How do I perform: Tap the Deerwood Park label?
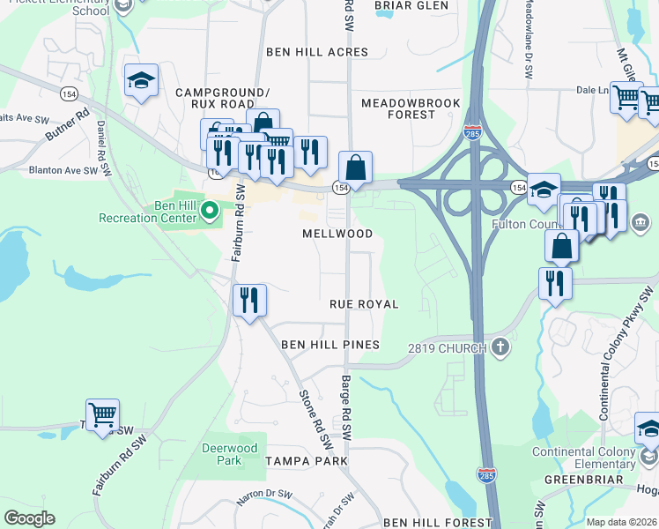[229, 454]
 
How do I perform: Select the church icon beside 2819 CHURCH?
[501, 347]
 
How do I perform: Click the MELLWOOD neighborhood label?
[337, 234]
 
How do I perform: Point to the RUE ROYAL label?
[364, 303]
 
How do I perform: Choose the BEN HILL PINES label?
[329, 345]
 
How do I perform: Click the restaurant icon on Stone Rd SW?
[249, 300]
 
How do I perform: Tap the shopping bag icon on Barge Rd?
[355, 168]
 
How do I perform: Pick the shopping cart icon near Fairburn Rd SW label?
[103, 414]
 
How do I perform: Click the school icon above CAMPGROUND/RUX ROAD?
[141, 80]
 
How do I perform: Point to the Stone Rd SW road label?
[315, 417]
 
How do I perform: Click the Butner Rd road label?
[67, 127]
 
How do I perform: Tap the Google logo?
[29, 518]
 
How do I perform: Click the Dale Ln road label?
[592, 90]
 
